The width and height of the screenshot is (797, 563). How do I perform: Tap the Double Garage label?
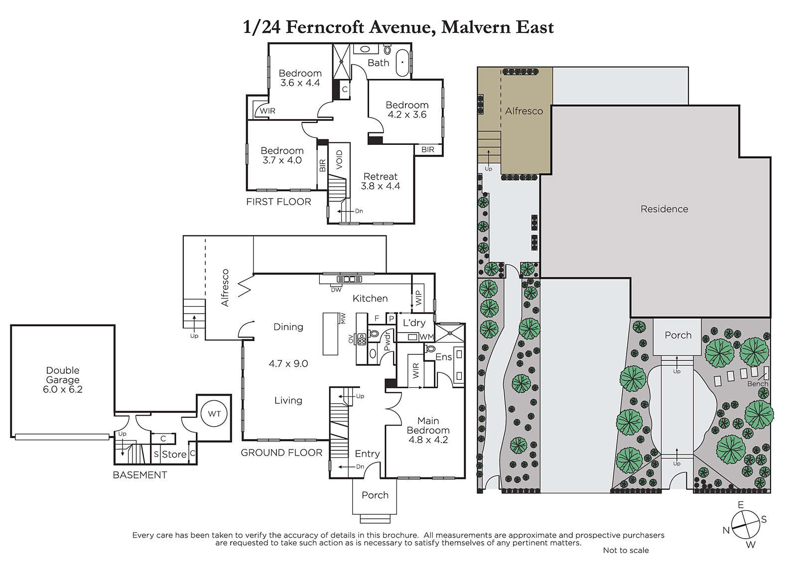63,375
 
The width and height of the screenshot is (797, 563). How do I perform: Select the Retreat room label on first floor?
381,176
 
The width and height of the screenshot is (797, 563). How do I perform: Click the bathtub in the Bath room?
402,63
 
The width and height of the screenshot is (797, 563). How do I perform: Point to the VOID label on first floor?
339,160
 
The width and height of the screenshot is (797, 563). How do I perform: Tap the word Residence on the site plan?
664,209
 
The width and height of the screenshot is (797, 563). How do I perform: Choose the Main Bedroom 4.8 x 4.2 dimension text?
428,440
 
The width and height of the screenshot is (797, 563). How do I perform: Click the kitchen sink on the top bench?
349,279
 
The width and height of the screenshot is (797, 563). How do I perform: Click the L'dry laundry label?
414,323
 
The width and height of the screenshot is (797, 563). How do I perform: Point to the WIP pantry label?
418,298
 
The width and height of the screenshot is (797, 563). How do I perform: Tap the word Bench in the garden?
758,384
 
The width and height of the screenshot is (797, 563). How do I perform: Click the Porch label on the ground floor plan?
375,495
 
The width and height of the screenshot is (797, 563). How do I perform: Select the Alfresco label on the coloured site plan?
524,111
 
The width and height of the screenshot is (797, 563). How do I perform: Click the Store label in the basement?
174,454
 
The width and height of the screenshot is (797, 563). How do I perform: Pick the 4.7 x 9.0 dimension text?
288,363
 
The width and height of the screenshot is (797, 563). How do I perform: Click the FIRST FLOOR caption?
278,202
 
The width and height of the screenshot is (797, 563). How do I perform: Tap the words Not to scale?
626,550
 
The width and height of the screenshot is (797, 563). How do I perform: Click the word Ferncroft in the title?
325,27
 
